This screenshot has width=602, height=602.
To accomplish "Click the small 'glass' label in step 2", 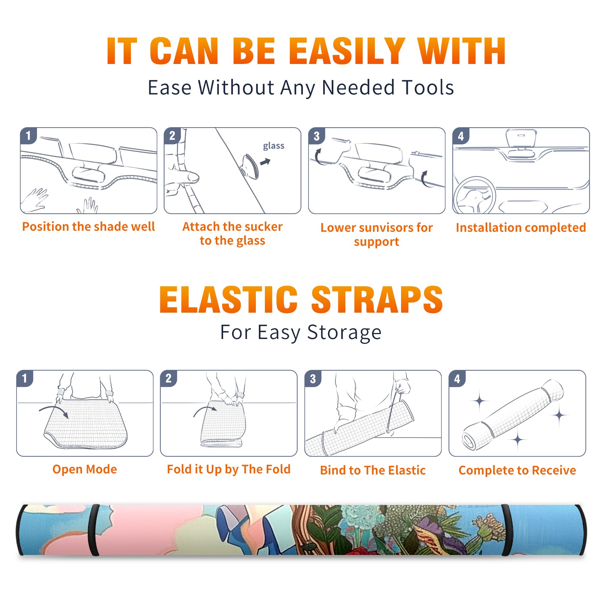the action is click(x=274, y=146).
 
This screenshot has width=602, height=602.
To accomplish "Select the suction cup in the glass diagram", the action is click(x=249, y=166).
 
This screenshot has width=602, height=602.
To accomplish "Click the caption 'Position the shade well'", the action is click(x=88, y=227).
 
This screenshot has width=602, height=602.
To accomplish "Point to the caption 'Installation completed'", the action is click(x=521, y=227).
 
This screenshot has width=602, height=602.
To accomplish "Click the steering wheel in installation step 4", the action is click(x=474, y=196).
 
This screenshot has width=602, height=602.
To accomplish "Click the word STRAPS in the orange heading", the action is click(x=377, y=299).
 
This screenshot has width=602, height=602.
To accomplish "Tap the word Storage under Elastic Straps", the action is click(x=344, y=333).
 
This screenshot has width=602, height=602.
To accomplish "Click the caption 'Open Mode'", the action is click(x=85, y=469).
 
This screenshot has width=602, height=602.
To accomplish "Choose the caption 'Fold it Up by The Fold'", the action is click(x=229, y=469).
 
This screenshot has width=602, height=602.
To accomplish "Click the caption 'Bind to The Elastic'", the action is click(x=373, y=470).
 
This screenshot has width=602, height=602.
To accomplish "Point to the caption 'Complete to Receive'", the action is click(x=517, y=470).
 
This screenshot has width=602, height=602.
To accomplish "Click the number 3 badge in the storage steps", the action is click(x=313, y=379).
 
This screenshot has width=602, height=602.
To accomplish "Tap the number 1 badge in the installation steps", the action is click(x=28, y=135).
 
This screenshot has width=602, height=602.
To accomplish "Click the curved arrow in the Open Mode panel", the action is click(x=54, y=410).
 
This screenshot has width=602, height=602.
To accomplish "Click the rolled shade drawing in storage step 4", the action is click(x=512, y=415).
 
